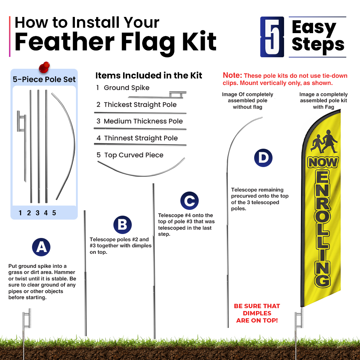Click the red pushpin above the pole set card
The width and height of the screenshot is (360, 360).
pyautogui.click(x=44, y=67)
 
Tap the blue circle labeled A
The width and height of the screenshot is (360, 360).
pyautogui.click(x=41, y=247)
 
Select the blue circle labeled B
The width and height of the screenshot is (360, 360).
pyautogui.click(x=122, y=225)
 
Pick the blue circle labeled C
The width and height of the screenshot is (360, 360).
pyautogui.click(x=189, y=201)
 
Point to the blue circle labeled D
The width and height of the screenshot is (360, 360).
pyautogui.click(x=263, y=158)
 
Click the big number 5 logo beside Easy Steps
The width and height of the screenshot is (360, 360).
pyautogui.click(x=272, y=37)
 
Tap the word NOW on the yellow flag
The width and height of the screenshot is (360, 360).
pyautogui.click(x=323, y=163)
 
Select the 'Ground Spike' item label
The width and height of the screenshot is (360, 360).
pyautogui.click(x=126, y=88)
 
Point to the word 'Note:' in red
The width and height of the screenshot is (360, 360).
pyautogui.click(x=232, y=75)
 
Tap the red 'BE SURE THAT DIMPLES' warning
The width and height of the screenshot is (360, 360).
pyautogui.click(x=257, y=310)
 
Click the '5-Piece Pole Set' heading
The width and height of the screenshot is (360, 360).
pyautogui.click(x=44, y=80)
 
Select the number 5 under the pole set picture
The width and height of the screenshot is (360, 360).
pyautogui.click(x=54, y=213)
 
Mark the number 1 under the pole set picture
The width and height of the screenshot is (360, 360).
pyautogui.click(x=20, y=213)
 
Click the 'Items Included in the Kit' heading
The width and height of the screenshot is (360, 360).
pyautogui.click(x=149, y=75)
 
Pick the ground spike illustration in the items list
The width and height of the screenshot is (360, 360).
pyautogui.click(x=161, y=95)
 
